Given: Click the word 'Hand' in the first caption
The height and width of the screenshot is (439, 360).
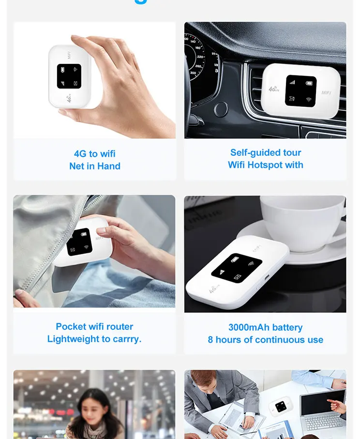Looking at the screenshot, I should [x=109, y=166].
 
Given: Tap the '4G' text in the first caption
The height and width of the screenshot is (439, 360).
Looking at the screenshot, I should [x=80, y=154].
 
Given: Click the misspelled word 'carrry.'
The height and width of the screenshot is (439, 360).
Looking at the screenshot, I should [x=126, y=339].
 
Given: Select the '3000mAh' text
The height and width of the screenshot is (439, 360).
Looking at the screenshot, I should [x=248, y=328].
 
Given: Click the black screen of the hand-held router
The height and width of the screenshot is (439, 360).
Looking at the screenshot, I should [x=69, y=76].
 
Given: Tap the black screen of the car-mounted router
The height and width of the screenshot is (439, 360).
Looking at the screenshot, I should [x=300, y=91].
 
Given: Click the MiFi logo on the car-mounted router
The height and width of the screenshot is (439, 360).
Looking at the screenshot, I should [x=327, y=93].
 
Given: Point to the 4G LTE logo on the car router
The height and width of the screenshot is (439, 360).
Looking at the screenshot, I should [x=274, y=89].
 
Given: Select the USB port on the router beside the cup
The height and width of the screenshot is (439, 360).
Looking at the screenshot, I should [x=266, y=278].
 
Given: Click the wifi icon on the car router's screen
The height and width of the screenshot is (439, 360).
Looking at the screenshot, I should [x=308, y=100].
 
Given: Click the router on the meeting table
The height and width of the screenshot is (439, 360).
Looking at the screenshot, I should [x=280, y=407].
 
